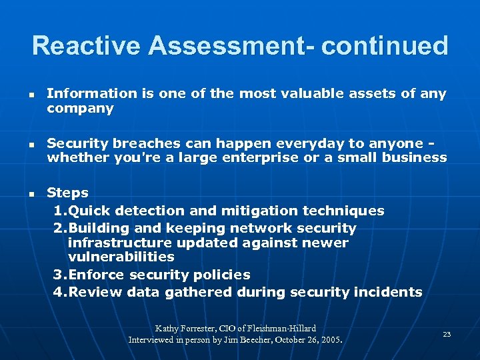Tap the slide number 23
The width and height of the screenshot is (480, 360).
point(447,334)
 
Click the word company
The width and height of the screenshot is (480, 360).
point(80,109)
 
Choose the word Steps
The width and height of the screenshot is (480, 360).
point(67,193)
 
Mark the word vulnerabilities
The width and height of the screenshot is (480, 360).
point(121,257)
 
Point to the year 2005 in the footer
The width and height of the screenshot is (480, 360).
point(331,339)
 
